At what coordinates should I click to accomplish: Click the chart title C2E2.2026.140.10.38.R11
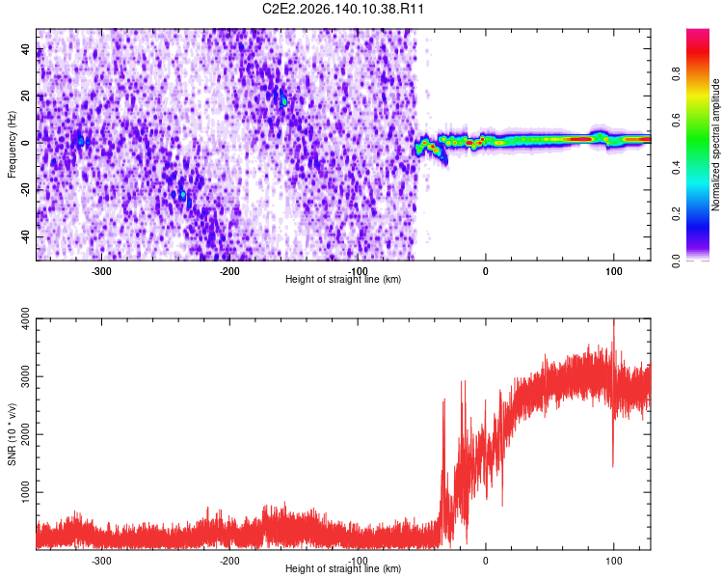[x=342, y=9]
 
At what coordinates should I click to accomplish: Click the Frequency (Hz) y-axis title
[x=12, y=145]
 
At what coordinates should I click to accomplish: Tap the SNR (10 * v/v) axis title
[x=12, y=434]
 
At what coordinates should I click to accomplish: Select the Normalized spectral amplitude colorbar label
[x=715, y=145]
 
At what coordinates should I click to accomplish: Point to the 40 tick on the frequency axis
[x=26, y=48]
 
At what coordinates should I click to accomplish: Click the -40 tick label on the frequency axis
[x=26, y=237]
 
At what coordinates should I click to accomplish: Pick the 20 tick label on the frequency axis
[x=26, y=96]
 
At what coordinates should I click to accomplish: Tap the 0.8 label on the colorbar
[x=676, y=74]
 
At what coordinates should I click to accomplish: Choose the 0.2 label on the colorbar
[x=676, y=214]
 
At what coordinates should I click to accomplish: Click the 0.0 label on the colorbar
[x=676, y=261]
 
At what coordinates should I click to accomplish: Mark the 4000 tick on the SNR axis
[x=26, y=318]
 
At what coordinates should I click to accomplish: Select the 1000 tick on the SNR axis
[x=26, y=492]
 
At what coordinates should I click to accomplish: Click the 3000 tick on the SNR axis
[x=26, y=376]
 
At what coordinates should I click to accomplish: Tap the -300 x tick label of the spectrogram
[x=101, y=271]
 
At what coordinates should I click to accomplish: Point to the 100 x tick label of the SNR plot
[x=614, y=561]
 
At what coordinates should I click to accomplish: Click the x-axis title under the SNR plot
[x=343, y=568]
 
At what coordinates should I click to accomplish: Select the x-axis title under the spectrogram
[x=343, y=279]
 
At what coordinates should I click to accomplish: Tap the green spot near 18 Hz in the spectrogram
[x=284, y=101]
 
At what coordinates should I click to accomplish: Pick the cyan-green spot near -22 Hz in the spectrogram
[x=183, y=194]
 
